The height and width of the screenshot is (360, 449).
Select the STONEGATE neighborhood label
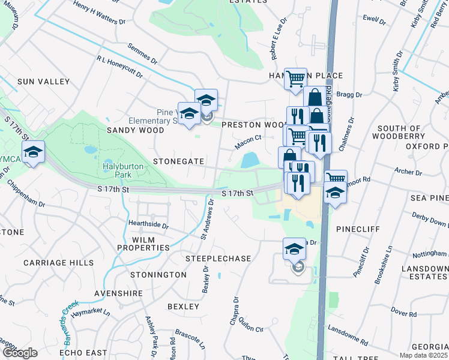[x=178, y=162]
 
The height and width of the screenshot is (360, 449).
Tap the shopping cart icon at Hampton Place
[x=295, y=79]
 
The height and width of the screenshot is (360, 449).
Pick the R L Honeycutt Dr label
[x=119, y=67]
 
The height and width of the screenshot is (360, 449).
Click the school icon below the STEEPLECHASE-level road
[x=294, y=250]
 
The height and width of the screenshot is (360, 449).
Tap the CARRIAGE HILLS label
[x=58, y=263]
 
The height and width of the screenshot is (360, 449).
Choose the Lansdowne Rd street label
[x=348, y=334]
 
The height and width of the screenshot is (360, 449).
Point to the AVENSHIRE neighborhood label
[x=118, y=293]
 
